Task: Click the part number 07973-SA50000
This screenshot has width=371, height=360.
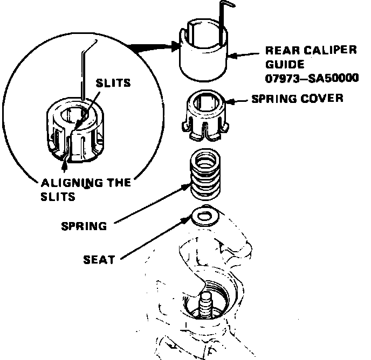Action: [312, 78]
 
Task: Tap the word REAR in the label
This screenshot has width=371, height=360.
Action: [280, 51]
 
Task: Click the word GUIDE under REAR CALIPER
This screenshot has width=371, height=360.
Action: [281, 64]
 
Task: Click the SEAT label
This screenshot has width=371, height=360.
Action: [99, 260]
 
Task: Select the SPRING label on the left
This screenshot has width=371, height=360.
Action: [84, 225]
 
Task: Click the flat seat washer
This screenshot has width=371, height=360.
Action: [203, 216]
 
